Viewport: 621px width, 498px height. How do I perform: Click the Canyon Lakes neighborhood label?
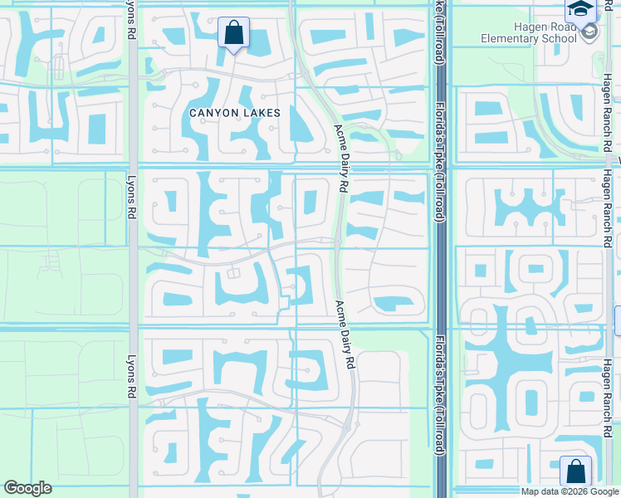coord(234,112)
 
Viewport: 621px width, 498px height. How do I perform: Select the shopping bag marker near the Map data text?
coord(575,471)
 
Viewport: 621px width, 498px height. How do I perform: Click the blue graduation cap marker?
coord(579,10)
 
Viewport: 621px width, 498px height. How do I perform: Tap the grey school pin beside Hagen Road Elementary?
coord(589,32)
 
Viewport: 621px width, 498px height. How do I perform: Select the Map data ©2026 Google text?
coord(570,491)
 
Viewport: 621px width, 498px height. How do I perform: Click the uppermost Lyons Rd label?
coord(131,20)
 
